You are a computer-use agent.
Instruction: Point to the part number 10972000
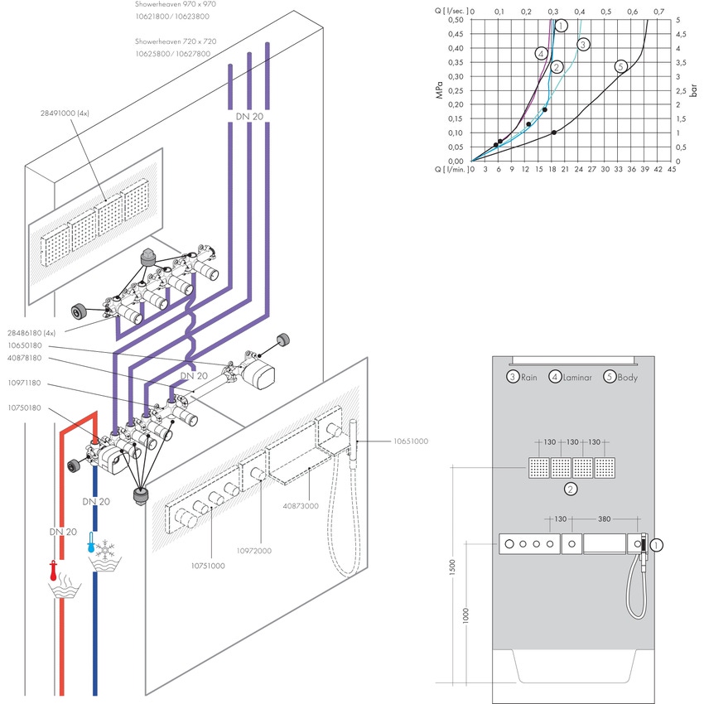click(x=253, y=551)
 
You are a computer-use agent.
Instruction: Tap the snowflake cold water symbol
click(x=106, y=550)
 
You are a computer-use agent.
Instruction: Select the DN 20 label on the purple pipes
click(x=248, y=118)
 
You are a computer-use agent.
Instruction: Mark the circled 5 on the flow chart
click(x=621, y=65)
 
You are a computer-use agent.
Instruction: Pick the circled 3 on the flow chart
click(x=583, y=44)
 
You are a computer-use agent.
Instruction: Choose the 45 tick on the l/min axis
click(x=671, y=170)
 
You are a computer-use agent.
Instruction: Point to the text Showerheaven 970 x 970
click(x=176, y=4)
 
